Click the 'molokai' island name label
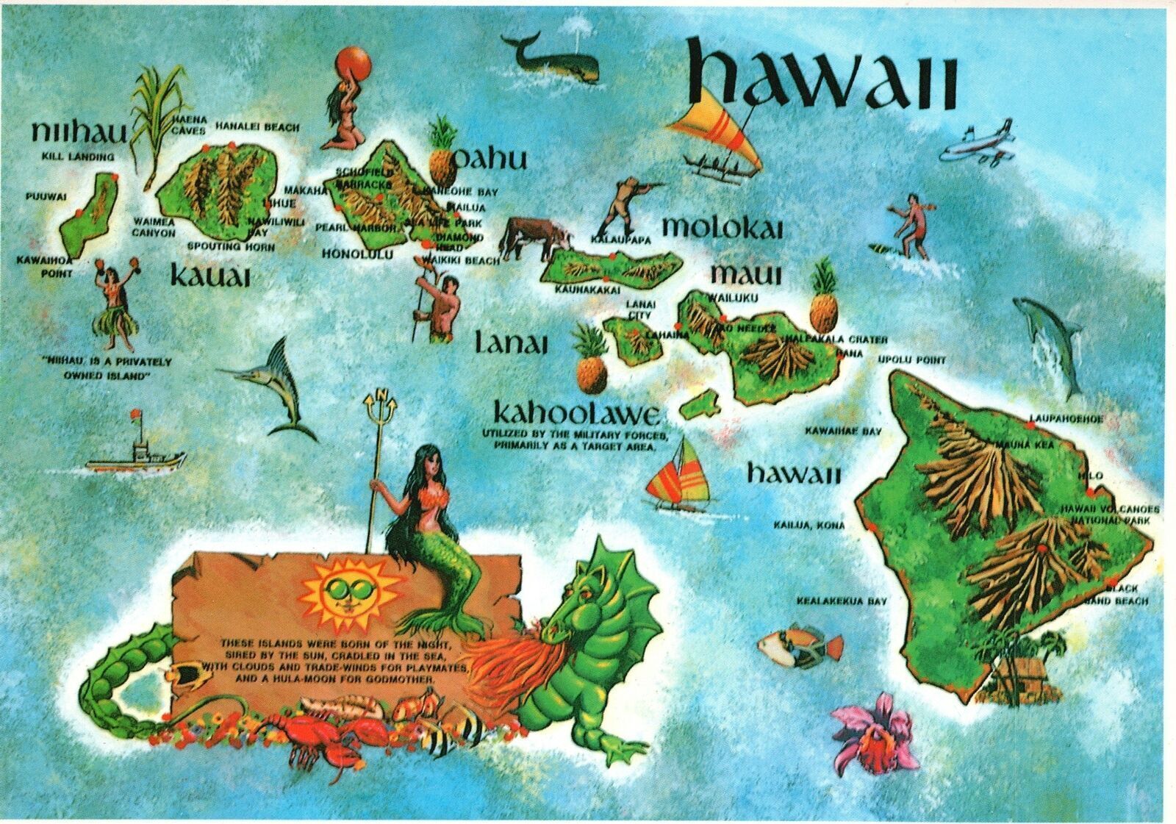click(722, 227)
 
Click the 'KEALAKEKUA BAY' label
click(841, 601)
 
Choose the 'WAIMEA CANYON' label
click(154, 227)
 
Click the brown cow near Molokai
click(534, 236)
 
